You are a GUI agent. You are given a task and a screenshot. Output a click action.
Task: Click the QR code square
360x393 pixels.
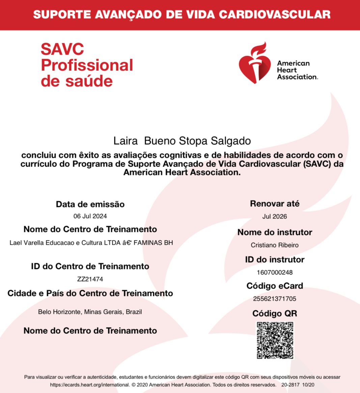click(x=275, y=340)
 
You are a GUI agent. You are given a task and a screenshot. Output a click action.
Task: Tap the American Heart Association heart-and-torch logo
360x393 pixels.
click(x=255, y=63)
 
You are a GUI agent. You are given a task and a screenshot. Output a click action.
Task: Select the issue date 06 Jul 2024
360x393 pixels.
click(x=90, y=216)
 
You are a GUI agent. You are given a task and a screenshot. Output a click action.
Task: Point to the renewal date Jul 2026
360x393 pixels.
click(x=275, y=216)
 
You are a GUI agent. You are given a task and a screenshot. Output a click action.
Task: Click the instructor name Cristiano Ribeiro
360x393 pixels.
click(x=275, y=245)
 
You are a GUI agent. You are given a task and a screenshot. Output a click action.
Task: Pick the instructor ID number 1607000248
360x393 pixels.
click(x=275, y=272)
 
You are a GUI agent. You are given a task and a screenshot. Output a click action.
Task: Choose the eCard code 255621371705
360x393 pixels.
click(x=275, y=299)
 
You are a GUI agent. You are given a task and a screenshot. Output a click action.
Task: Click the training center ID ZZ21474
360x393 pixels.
click(x=90, y=279)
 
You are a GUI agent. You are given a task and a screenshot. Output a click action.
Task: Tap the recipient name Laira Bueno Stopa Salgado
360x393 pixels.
click(x=182, y=141)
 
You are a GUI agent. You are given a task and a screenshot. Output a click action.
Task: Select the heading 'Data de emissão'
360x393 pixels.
click(x=90, y=204)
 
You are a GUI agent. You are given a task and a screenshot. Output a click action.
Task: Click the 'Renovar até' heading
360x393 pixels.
click(x=275, y=204)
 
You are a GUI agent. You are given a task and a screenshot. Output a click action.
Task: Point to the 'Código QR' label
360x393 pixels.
click(x=275, y=313)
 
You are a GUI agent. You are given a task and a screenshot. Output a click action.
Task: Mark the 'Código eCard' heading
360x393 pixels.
click(x=275, y=286)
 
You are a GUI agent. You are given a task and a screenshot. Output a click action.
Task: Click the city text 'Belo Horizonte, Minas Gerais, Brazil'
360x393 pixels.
click(x=90, y=312)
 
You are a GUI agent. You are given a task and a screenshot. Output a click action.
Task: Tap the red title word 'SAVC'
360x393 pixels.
click(x=62, y=49)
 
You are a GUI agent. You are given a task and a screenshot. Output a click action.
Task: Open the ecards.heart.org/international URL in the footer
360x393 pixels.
click(x=90, y=385)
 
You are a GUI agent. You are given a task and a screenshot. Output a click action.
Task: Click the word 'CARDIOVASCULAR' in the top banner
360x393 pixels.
click(x=275, y=14)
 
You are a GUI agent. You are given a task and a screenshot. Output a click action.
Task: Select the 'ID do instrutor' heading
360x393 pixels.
click(x=275, y=260)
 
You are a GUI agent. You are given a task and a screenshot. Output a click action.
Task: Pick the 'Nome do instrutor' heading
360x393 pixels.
click(x=275, y=232)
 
